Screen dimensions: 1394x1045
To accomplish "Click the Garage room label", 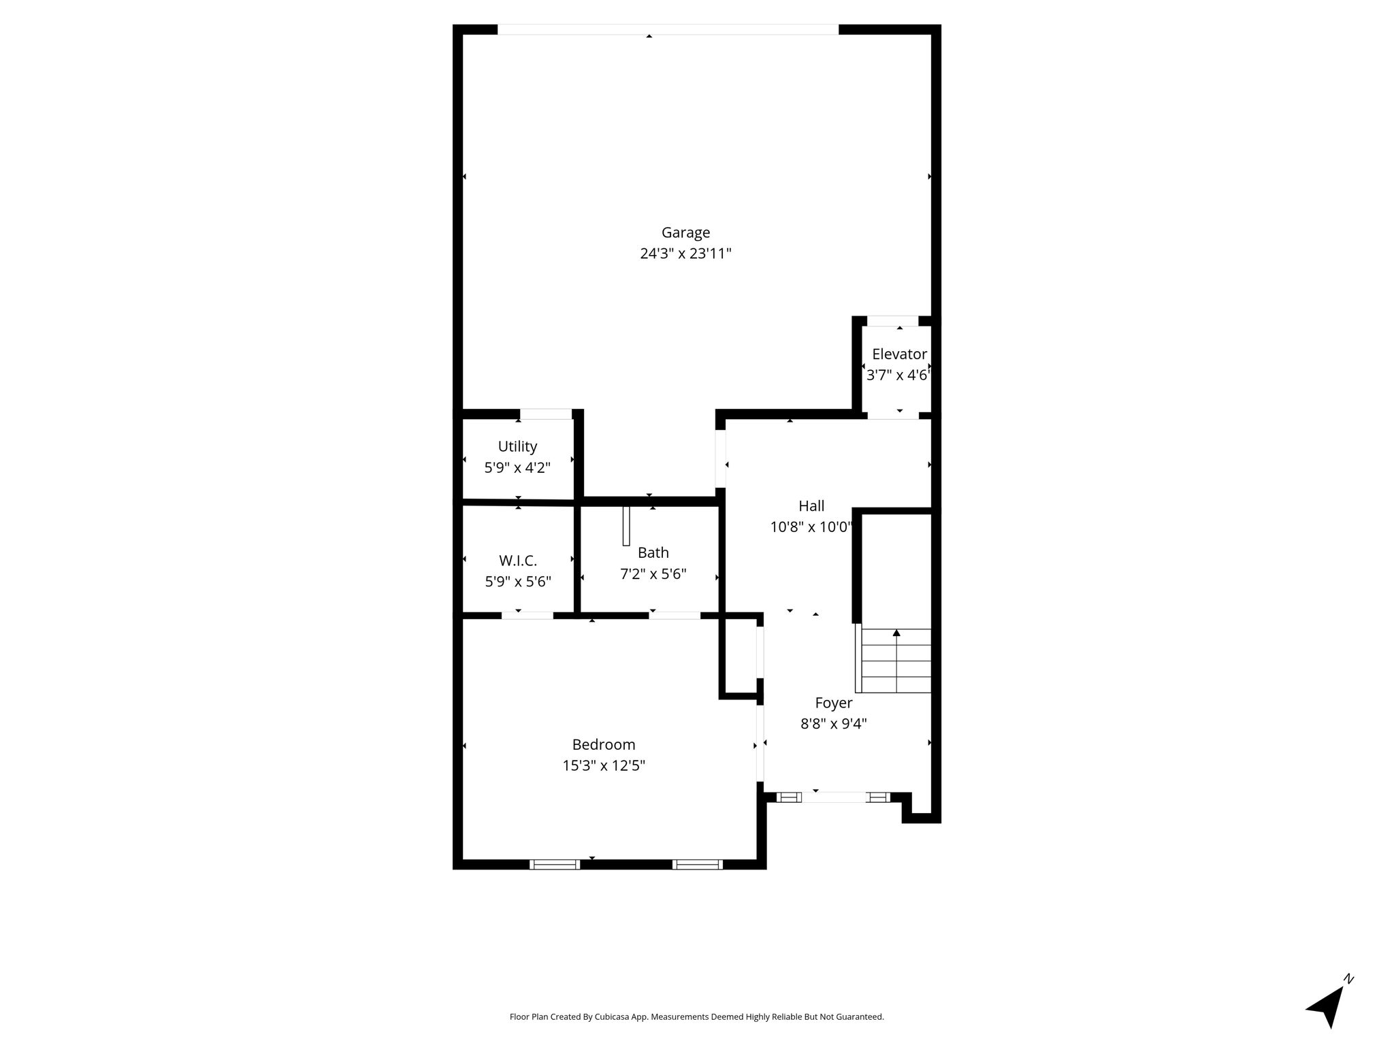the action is click(x=685, y=233).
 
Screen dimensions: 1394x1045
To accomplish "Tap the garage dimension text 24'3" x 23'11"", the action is click(x=685, y=254).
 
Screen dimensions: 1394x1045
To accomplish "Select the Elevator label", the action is click(x=899, y=354).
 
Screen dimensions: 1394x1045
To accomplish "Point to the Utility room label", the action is click(x=517, y=446).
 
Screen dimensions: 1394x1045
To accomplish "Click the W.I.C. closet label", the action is click(x=518, y=561).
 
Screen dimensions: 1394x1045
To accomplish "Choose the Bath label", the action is click(x=653, y=552).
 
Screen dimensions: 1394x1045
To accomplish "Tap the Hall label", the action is click(x=811, y=505).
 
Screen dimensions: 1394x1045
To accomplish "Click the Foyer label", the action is click(x=833, y=703).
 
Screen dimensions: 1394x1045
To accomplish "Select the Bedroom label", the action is click(x=604, y=744).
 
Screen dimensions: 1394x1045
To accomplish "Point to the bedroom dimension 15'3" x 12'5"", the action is click(x=604, y=765).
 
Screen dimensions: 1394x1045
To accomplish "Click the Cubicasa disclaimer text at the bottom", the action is click(x=697, y=1017).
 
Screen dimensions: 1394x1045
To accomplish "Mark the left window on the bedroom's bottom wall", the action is click(x=555, y=865).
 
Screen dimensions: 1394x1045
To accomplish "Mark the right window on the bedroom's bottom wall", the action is click(x=698, y=865).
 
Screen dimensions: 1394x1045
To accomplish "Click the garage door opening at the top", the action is click(x=668, y=29).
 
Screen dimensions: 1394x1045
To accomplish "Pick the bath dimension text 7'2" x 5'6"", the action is click(x=653, y=574).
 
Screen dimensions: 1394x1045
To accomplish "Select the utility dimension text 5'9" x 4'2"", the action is click(x=517, y=468).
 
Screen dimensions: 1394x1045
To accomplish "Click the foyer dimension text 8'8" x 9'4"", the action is click(x=833, y=724).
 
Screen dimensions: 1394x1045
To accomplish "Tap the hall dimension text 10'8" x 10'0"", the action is click(x=811, y=527).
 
